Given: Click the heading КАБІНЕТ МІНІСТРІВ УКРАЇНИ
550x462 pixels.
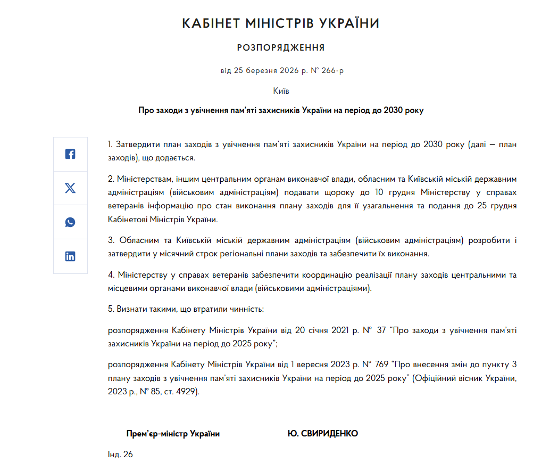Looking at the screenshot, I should tap(281, 23).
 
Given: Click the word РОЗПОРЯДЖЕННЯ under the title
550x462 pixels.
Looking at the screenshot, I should tap(281, 48).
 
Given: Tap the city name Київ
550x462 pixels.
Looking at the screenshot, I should tap(281, 91).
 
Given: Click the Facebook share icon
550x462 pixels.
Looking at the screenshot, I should tap(70, 154).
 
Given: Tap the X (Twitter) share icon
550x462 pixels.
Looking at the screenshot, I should tap(70, 188).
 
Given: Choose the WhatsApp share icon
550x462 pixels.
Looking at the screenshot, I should tap(70, 222).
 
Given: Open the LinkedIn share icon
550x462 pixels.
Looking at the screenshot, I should tap(70, 256).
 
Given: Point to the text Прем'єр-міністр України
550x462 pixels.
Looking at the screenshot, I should tap(173, 434).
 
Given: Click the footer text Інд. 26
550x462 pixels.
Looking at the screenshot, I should tap(120, 455).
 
